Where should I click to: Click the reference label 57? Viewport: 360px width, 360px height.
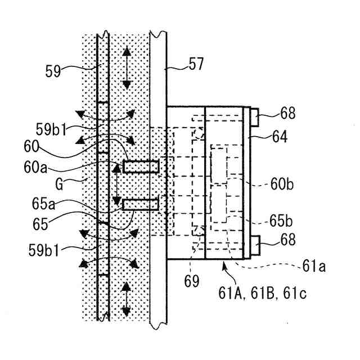[196, 65]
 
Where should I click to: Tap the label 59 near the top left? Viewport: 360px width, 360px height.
[53, 71]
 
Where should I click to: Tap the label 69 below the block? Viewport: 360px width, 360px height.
[192, 281]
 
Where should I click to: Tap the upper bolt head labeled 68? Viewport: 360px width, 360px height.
[254, 118]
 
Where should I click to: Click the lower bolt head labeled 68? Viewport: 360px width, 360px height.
[254, 246]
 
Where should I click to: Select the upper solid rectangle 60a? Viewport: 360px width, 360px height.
[141, 166]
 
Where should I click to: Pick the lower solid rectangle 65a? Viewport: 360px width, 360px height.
[141, 204]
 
